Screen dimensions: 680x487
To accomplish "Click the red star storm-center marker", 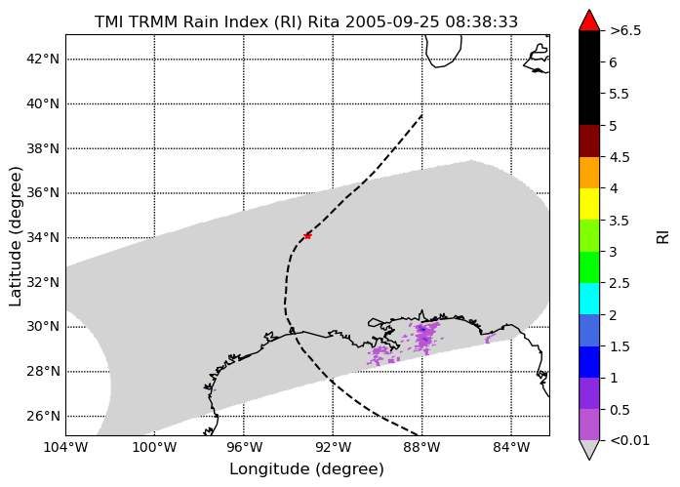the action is [307, 236].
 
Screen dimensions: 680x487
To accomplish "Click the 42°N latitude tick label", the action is [43, 59].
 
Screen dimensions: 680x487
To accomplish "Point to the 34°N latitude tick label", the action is [43, 238].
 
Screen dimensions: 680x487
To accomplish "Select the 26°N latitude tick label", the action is [43, 417].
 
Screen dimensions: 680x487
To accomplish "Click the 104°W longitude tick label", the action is [66, 447].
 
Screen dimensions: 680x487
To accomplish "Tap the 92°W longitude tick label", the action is [333, 447].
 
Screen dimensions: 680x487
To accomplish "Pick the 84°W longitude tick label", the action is [511, 447].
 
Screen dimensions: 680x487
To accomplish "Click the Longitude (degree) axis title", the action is [306, 469].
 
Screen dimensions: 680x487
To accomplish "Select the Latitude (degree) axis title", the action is [16, 236].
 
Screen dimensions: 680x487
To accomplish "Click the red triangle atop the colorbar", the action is [589, 20].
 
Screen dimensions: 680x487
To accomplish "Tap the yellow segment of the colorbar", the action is [589, 204].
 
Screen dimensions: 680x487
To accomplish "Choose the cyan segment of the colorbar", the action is [589, 299].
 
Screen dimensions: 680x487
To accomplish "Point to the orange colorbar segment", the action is [589, 173].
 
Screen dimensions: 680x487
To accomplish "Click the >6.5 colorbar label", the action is [625, 31].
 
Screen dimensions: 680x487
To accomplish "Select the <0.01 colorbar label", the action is [629, 440].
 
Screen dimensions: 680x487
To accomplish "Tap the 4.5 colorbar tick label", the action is [620, 157].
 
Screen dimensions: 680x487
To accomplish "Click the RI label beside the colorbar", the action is [663, 237].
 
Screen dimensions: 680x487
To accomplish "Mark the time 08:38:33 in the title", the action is [481, 21].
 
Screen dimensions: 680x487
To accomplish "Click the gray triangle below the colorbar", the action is [589, 449].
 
